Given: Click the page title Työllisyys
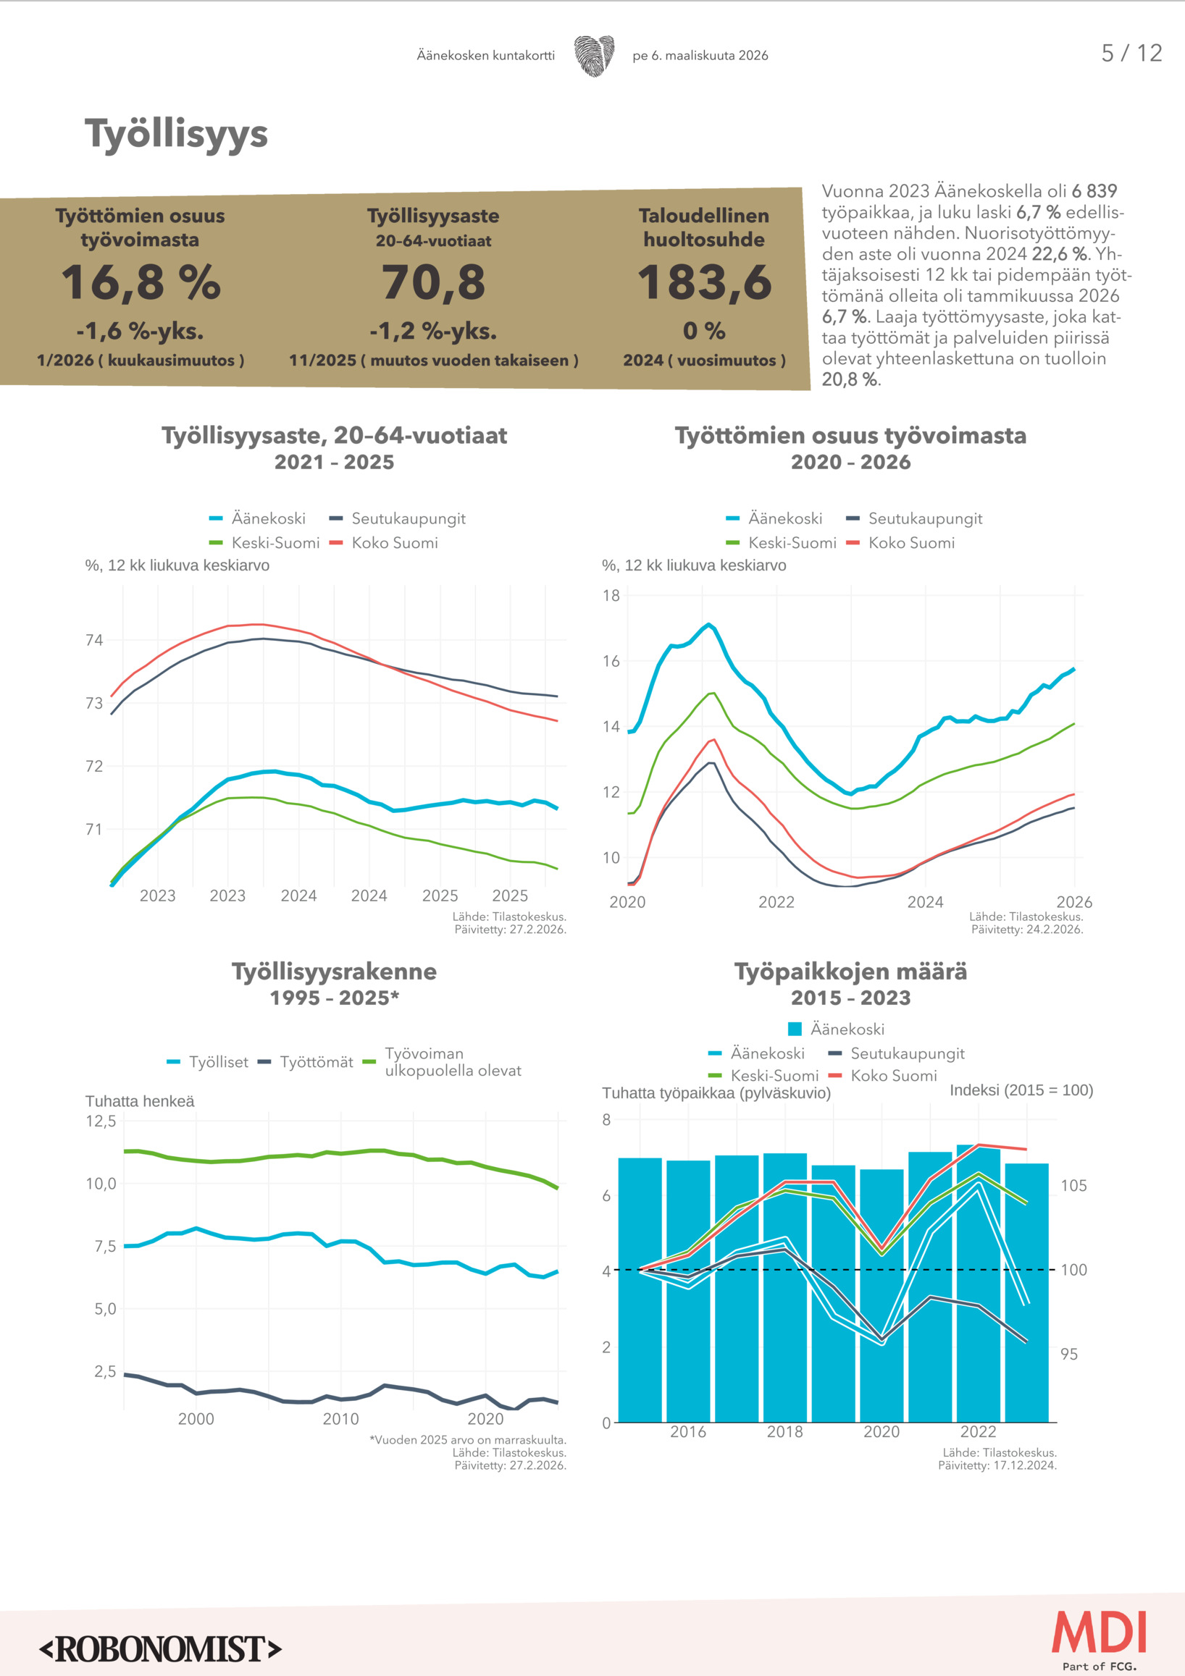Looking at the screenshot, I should tap(176, 135).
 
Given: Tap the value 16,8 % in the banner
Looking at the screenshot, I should tap(141, 282).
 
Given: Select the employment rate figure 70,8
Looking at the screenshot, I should tap(433, 282).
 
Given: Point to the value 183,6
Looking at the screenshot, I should tap(704, 282).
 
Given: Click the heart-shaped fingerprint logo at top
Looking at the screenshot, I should tap(594, 56).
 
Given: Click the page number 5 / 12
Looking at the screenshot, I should tap(1131, 54).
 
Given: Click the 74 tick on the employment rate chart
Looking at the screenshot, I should tap(94, 640).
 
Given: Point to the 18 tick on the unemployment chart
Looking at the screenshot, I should tap(611, 596).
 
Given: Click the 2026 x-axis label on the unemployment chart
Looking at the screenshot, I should tap(1074, 902).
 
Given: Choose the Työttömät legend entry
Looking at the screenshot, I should tap(306, 1062).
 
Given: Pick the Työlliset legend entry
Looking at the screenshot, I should tap(209, 1062).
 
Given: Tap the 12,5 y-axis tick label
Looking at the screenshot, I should tap(101, 1121).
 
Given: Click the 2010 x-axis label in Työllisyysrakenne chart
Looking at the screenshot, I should tap(341, 1419).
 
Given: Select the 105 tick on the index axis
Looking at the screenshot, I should tap(1073, 1185).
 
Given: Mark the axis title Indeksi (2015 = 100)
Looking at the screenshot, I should tap(1021, 1090).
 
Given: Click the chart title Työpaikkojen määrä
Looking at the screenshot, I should tap(850, 972).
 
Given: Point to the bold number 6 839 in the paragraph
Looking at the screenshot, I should tap(1094, 191).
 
